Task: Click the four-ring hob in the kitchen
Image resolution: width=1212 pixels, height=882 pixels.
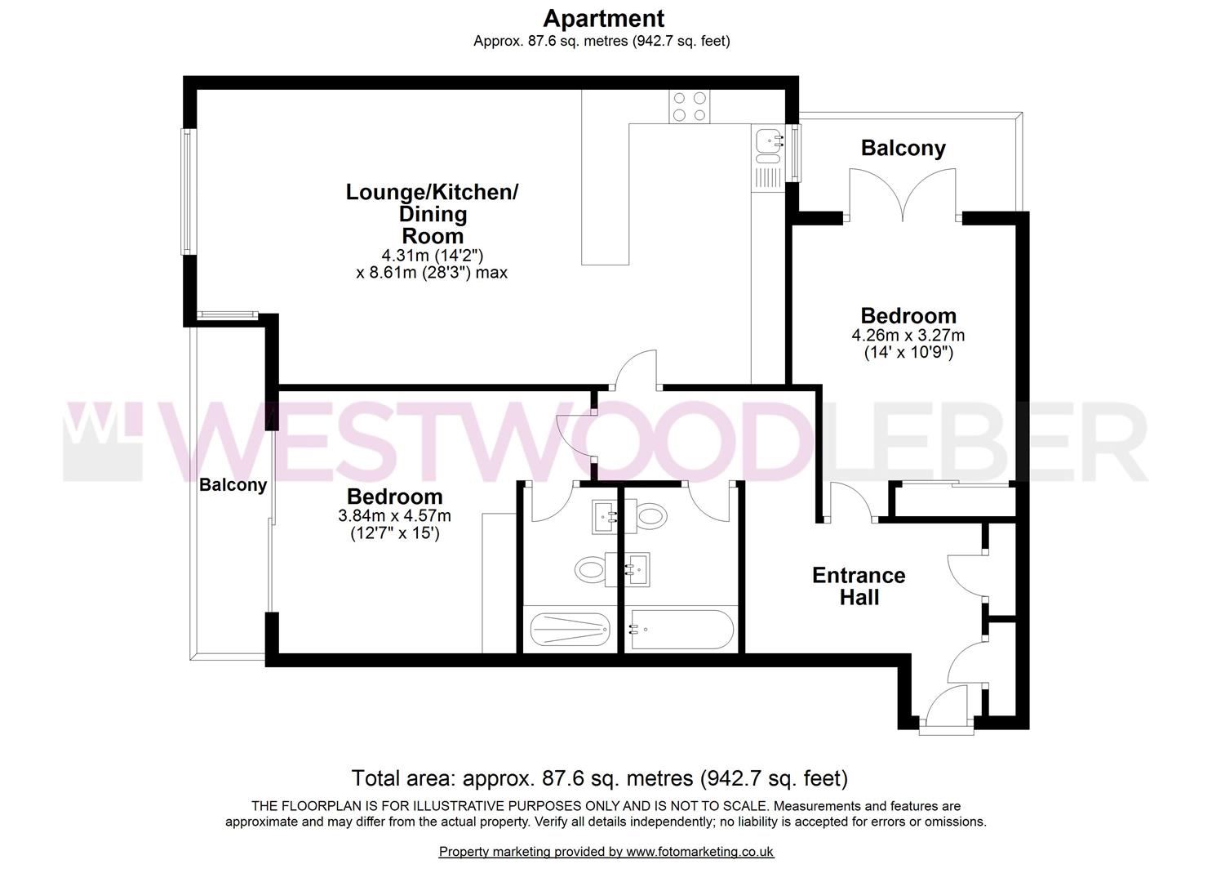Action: point(689,106)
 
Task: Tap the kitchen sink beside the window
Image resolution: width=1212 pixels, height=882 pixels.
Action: point(767,142)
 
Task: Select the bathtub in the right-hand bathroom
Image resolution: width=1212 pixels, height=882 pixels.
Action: point(681,630)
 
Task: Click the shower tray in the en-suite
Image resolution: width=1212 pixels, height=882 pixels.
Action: point(570,630)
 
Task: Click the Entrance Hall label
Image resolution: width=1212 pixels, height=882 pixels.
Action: point(859,586)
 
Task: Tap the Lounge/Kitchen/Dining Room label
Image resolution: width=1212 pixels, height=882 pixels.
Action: point(432,214)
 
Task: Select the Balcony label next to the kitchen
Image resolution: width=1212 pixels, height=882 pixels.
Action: point(903,148)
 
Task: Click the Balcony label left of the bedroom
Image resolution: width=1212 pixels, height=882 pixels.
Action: point(233,484)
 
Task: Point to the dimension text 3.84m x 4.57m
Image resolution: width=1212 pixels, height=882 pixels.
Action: point(394,516)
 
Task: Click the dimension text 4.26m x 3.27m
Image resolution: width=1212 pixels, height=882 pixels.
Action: point(908,335)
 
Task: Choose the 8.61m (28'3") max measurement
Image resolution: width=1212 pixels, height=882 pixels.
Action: point(432,273)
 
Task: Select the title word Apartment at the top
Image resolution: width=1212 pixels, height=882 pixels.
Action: point(603,18)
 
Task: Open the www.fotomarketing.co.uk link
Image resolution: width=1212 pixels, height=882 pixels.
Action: point(699,852)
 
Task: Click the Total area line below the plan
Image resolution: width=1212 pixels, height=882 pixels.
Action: point(599,777)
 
